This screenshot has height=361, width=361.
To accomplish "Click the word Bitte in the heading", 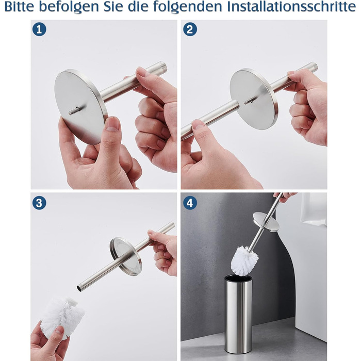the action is click(20, 7).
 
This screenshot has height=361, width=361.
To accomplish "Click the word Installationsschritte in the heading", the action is click(292, 7).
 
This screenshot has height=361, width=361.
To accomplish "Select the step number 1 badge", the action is click(39, 29).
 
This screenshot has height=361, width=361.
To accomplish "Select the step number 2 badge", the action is click(190, 29).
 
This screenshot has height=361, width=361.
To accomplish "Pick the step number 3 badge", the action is click(39, 203).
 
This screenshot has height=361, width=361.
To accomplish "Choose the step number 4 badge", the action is click(190, 203).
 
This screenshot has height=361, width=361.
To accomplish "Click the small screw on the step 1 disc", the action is click(74, 111).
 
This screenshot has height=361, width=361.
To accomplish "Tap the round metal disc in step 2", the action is click(254, 99).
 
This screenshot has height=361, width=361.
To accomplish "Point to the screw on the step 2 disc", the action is click(249, 101).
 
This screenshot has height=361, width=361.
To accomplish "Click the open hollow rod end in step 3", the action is click(79, 288).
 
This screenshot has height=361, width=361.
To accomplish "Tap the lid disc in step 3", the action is click(126, 256).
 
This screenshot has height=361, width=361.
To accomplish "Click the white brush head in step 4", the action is click(245, 260).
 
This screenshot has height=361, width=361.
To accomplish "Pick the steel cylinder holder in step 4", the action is click(238, 314).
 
